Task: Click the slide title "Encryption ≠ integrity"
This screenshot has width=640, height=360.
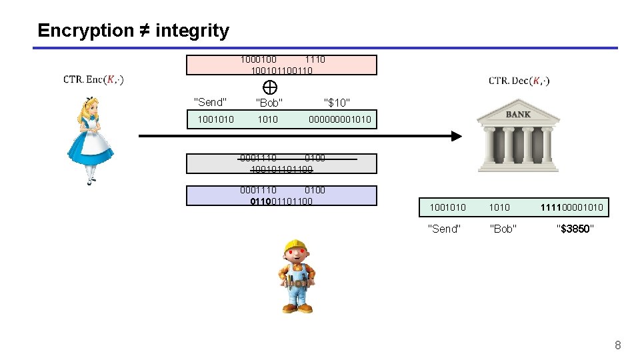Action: [x=133, y=31]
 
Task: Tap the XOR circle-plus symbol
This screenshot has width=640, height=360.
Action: [x=270, y=87]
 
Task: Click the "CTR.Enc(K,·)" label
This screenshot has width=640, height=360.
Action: [x=93, y=80]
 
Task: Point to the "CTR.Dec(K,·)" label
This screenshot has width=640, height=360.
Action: [x=519, y=81]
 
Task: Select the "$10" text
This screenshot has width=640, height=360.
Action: [x=337, y=103]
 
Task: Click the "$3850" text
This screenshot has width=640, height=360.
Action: [x=575, y=229]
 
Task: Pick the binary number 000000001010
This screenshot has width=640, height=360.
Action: [x=339, y=120]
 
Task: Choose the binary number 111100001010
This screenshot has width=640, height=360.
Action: [x=573, y=208]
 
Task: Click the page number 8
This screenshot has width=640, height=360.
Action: [x=617, y=345]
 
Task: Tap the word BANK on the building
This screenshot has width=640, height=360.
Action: [x=518, y=115]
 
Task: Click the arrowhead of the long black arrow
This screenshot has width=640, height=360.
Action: [x=456, y=136]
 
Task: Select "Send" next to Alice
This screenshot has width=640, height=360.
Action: [x=210, y=102]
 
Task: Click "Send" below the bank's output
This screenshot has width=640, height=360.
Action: [x=443, y=229]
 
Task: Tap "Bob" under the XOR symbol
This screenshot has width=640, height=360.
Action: [x=269, y=103]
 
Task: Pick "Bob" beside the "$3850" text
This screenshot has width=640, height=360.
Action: [x=503, y=229]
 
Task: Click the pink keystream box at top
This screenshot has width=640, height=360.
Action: [x=281, y=65]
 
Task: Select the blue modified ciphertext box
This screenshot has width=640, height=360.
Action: [x=281, y=195]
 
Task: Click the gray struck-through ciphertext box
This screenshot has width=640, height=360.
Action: [x=281, y=164]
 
